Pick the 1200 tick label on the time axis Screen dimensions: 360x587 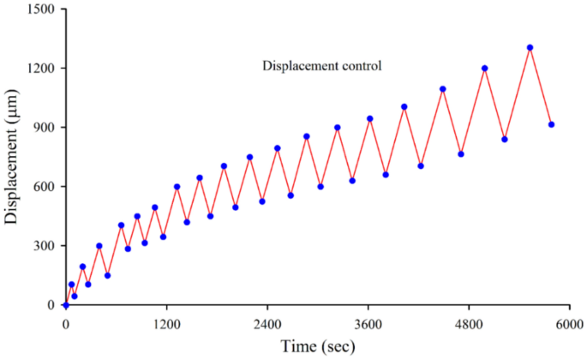166,325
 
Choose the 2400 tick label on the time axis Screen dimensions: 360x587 267,325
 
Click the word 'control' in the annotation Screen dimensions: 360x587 360,65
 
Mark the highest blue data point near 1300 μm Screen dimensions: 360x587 530,48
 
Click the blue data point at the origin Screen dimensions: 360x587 65,305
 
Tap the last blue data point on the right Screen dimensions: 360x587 551,125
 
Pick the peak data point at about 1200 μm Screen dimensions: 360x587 485,69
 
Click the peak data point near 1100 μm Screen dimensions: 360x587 443,89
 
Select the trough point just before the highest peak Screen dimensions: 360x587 505,140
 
